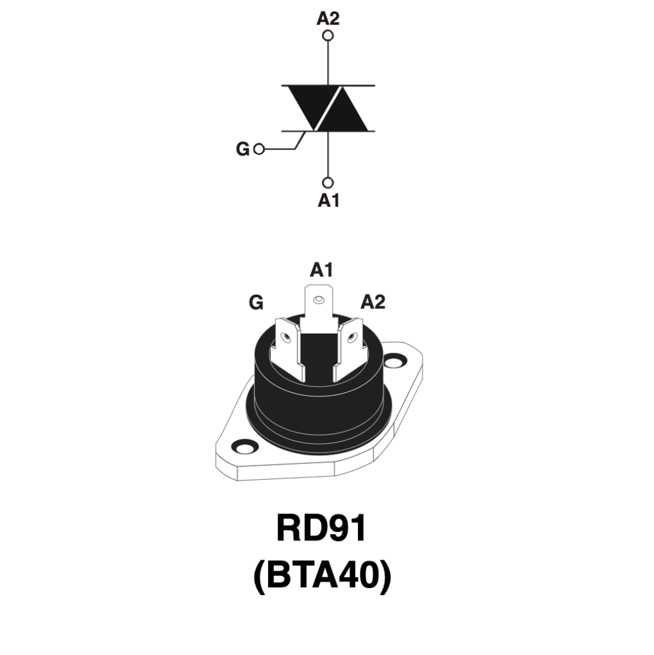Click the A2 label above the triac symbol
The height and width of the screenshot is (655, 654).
click(x=328, y=19)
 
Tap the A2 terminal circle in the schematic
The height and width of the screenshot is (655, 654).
click(x=328, y=35)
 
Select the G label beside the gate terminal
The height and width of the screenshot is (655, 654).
click(x=243, y=149)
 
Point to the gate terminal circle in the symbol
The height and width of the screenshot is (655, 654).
click(x=259, y=149)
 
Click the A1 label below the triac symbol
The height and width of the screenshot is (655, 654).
click(x=328, y=200)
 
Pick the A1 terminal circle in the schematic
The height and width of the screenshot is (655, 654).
click(x=328, y=183)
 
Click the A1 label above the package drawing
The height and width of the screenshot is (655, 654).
click(x=321, y=270)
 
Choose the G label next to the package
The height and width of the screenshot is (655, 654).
click(x=256, y=302)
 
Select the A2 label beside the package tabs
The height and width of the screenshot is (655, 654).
click(x=373, y=302)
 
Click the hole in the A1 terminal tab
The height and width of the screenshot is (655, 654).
click(x=319, y=300)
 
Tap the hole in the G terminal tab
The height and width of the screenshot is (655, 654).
click(x=287, y=338)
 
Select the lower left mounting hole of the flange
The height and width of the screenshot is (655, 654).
click(x=244, y=446)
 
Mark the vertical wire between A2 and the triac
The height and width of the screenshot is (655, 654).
click(x=328, y=63)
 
